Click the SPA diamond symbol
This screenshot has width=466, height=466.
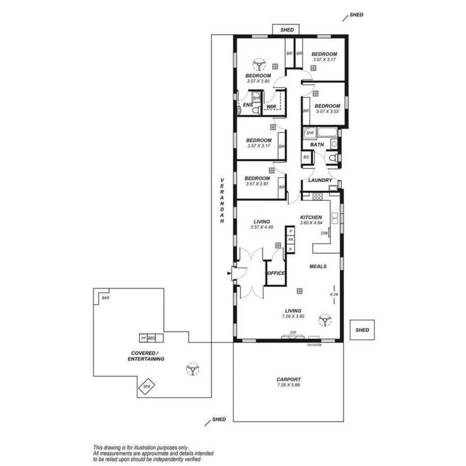point(146,387)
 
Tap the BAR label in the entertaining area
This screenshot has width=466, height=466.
point(105,298)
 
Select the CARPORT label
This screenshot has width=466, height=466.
point(288,379)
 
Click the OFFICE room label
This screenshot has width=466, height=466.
point(276,273)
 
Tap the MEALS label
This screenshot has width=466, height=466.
point(317,266)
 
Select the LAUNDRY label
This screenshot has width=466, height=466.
point(320,180)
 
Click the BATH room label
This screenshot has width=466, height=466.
point(317,144)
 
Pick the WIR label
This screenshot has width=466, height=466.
point(271,106)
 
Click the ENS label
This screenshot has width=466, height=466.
point(247,105)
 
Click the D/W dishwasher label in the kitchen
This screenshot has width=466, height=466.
point(324,233)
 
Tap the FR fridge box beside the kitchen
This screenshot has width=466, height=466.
point(290,240)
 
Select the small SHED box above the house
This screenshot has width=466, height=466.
point(286,30)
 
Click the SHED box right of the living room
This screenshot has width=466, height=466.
point(362,330)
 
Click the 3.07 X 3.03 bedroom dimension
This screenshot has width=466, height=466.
point(327,111)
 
